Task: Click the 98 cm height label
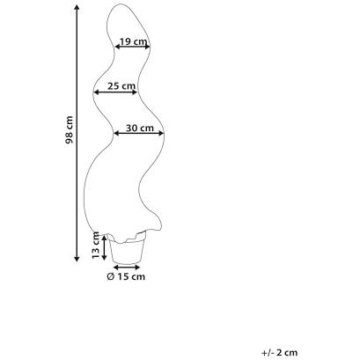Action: point(69,130)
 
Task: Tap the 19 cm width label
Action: point(133,41)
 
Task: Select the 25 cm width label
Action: point(121,86)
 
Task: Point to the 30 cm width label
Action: point(140,129)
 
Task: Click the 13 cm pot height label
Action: point(96,246)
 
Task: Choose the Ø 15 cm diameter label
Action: point(126,276)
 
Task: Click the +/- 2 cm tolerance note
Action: point(279,352)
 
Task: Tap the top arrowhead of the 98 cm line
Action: point(77,7)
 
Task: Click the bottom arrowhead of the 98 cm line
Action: point(77,259)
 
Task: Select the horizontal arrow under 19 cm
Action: point(132,47)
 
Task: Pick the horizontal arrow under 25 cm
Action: point(115,92)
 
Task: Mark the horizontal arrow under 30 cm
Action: point(138,134)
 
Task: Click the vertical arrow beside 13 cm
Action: point(104,247)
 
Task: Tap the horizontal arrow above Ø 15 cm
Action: point(127,268)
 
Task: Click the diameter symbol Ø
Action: point(110,276)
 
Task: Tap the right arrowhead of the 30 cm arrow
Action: point(161,134)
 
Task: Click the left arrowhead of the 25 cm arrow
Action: point(96,92)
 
